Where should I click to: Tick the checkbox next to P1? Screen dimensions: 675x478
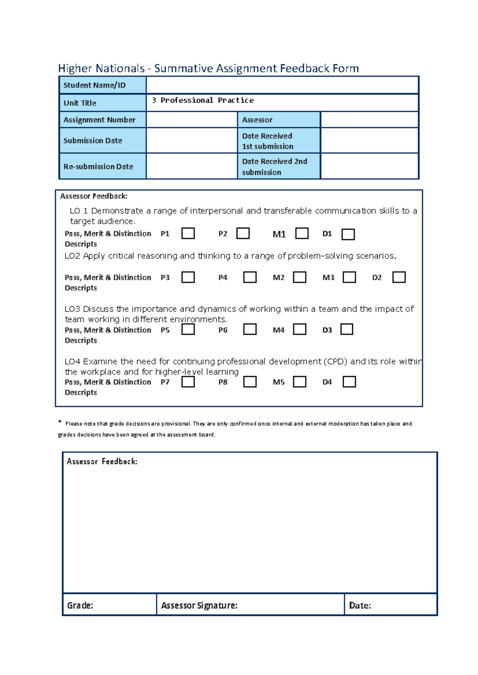click(188, 233)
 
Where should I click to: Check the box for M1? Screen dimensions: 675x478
click(302, 233)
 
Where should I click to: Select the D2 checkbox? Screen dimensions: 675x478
click(399, 277)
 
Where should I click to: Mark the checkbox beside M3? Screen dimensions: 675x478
click(349, 277)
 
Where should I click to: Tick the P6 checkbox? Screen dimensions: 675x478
click(250, 329)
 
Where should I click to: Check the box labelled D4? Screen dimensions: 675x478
click(349, 382)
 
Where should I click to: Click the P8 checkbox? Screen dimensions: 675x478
click(250, 382)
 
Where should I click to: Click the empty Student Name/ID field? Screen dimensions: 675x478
click(282, 85)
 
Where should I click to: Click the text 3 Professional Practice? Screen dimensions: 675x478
click(203, 100)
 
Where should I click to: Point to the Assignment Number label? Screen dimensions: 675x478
click(99, 120)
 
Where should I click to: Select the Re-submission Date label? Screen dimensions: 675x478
click(98, 167)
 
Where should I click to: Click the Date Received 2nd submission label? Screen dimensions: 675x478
click(274, 167)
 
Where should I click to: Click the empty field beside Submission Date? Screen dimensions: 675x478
click(192, 140)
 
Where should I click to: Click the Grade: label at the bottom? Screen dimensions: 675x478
click(80, 605)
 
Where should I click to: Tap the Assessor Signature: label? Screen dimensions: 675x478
click(199, 605)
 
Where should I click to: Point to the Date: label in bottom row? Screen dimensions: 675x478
click(360, 605)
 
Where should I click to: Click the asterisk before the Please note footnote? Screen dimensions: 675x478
click(60, 421)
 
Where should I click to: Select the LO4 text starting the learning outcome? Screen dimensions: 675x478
click(72, 361)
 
